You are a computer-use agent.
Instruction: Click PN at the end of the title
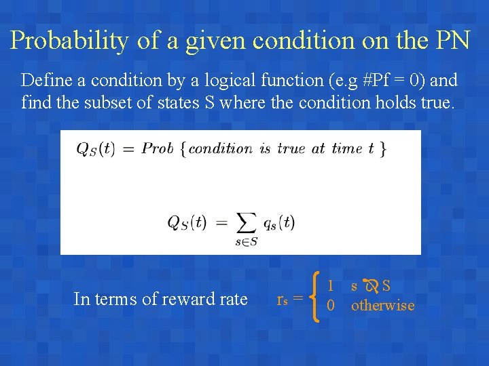click(x=451, y=41)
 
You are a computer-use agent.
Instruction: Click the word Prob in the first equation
click(x=158, y=148)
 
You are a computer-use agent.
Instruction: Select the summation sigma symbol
click(x=245, y=222)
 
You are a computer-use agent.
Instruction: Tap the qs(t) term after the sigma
click(x=278, y=222)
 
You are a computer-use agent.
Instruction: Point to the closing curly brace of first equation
click(x=383, y=148)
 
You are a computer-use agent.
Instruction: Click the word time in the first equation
click(x=346, y=148)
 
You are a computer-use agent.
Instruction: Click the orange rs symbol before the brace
click(x=283, y=299)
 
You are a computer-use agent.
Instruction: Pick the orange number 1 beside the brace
click(x=331, y=286)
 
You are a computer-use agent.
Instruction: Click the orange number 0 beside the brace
click(x=331, y=306)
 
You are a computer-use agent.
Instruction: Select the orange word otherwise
click(x=382, y=306)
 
